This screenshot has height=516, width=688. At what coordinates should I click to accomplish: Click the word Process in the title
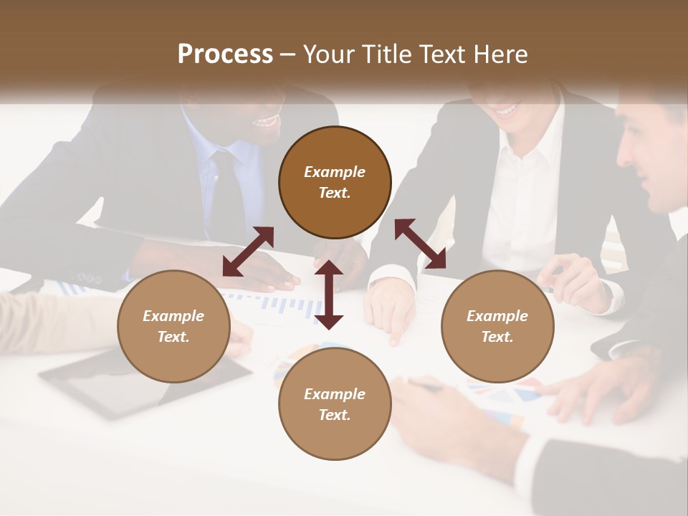(225, 54)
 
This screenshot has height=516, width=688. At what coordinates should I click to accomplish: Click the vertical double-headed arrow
(329, 295)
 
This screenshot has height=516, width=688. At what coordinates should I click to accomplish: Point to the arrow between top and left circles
(248, 251)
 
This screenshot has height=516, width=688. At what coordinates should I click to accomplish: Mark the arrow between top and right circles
(420, 244)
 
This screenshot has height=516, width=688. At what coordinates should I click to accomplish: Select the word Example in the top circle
(335, 172)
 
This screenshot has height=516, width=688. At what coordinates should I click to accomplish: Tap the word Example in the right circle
(497, 316)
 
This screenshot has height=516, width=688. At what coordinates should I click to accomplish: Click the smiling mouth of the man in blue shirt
(266, 121)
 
